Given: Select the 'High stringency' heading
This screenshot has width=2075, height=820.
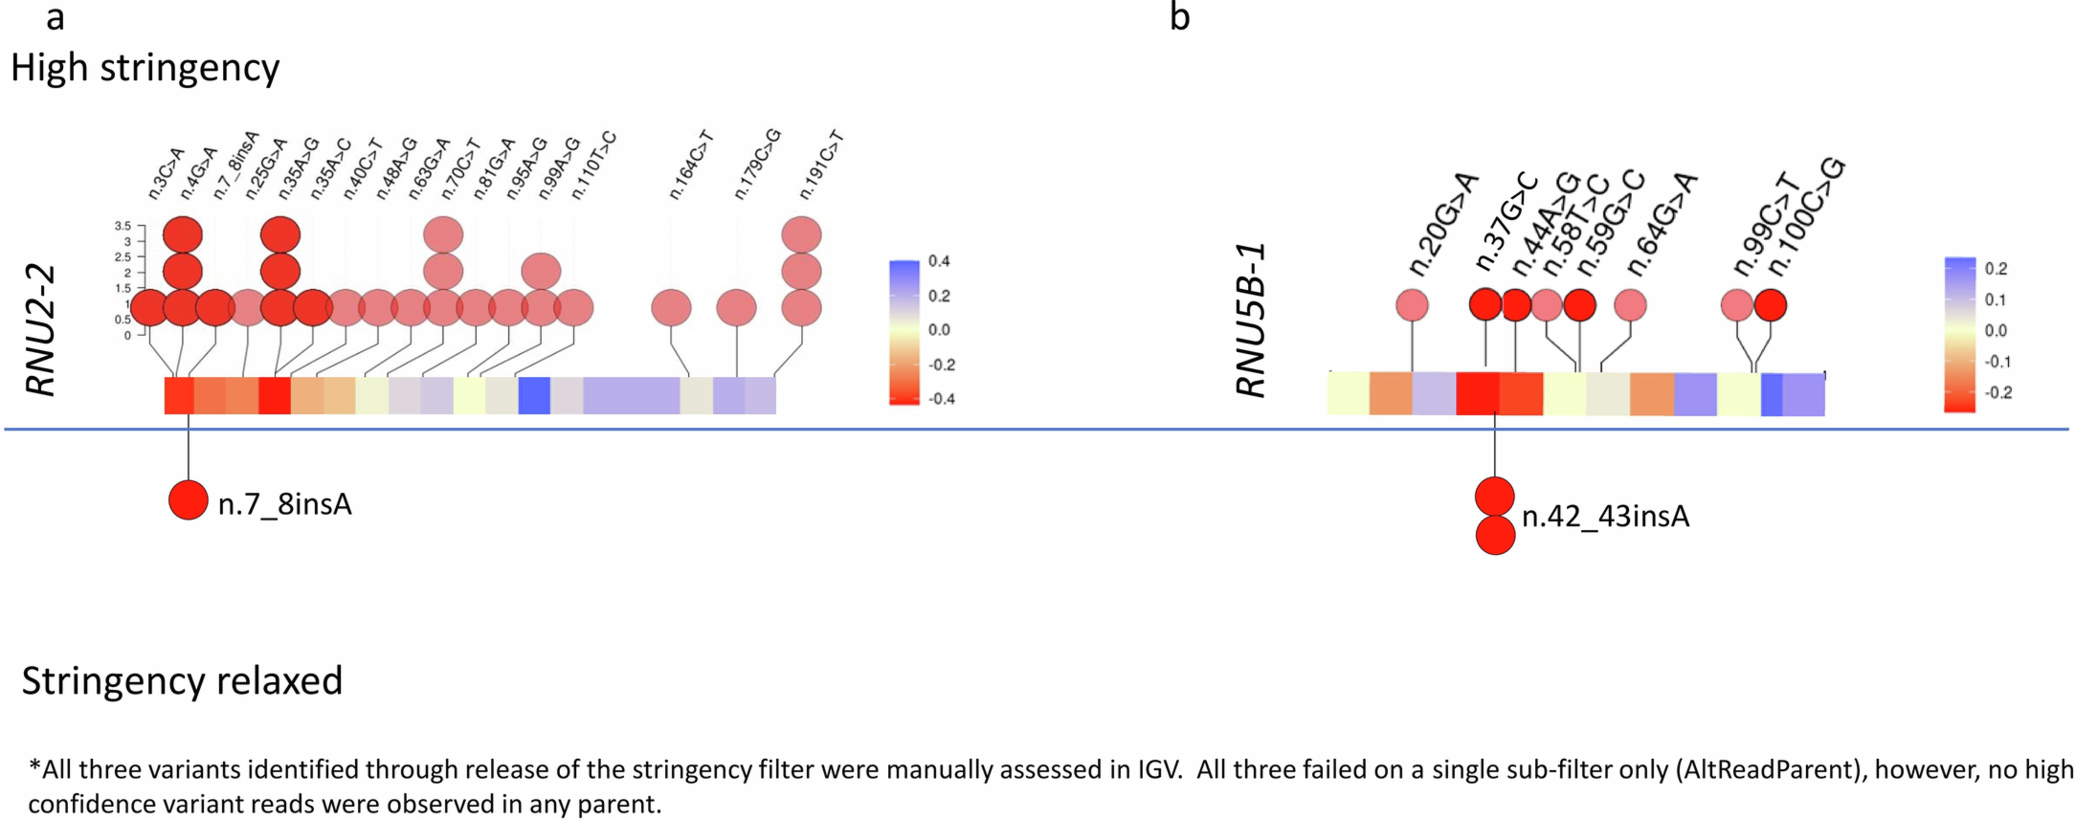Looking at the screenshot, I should coord(145,69).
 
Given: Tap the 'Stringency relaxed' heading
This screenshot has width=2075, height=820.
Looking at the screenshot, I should coord(182,681).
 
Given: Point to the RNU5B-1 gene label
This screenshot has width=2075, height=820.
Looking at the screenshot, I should coord(1251,321).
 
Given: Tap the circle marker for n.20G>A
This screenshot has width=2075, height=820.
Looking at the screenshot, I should coord(1412,305).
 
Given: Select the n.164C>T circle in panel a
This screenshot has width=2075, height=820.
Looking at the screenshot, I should coord(671,308).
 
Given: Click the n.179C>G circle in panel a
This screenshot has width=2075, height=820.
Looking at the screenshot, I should coord(736,308).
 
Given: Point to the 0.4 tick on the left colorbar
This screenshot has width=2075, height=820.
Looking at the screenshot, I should coord(939,261).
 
